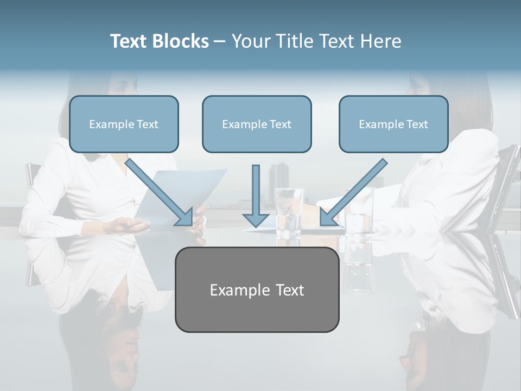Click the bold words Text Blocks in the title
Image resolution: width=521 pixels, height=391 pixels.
click(x=159, y=41)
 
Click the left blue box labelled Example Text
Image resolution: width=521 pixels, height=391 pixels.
click(x=124, y=124)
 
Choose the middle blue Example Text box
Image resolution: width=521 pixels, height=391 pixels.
click(x=257, y=124)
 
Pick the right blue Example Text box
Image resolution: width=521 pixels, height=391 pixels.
click(x=393, y=124)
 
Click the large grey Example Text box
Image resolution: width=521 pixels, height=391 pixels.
click(x=257, y=289)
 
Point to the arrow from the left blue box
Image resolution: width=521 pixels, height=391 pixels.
click(x=157, y=190)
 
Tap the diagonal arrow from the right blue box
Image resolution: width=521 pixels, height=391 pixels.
click(x=355, y=190)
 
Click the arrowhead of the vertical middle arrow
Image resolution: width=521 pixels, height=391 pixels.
click(x=256, y=219)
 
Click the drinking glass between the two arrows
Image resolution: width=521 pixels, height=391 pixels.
click(x=288, y=212)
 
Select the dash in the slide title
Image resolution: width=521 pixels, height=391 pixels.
click(x=220, y=41)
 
